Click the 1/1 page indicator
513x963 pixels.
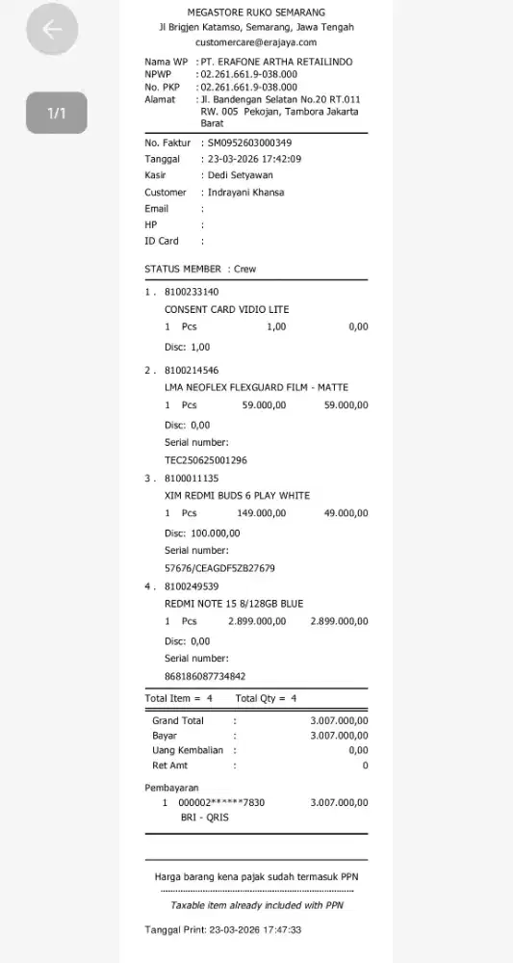57,113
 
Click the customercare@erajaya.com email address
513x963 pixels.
255,42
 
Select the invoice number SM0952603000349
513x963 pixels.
249,143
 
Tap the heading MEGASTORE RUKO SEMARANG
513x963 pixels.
256,13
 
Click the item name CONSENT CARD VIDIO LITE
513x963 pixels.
226,309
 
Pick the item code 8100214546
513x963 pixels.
192,370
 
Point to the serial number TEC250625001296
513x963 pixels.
206,459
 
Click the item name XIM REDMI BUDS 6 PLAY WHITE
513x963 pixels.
237,495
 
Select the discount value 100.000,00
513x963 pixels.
216,533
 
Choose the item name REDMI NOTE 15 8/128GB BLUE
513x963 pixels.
234,603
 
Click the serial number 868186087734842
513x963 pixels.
205,675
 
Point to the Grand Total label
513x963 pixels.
178,720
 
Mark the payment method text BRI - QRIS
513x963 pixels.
205,818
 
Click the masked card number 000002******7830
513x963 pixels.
222,802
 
